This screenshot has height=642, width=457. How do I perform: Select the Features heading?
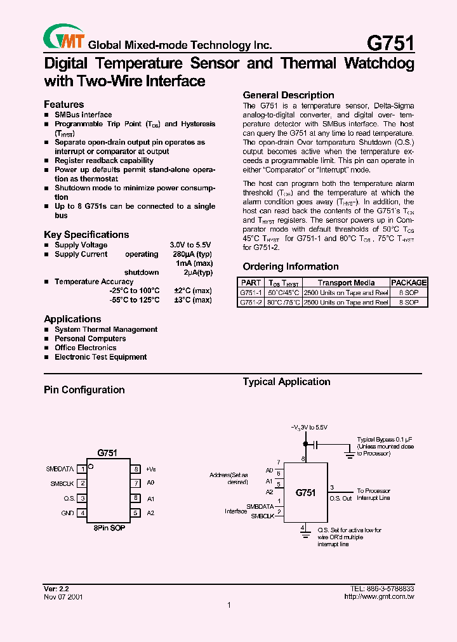(x=63, y=104)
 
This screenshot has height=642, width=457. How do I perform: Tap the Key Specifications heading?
(x=86, y=235)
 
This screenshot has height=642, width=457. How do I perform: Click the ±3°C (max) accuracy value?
(x=193, y=299)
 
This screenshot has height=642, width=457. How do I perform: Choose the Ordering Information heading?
(x=291, y=266)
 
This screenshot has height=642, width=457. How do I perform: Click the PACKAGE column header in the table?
(x=409, y=283)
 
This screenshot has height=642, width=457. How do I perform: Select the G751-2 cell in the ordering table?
(x=251, y=303)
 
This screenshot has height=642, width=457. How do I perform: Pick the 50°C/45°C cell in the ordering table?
(x=283, y=293)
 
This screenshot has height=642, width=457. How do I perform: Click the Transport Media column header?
(x=346, y=283)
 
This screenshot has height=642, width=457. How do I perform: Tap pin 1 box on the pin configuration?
(x=82, y=469)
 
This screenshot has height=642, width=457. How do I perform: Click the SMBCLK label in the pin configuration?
(x=63, y=483)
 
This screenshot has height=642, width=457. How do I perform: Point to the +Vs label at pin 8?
(x=150, y=469)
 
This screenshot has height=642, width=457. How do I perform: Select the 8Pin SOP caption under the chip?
(x=109, y=528)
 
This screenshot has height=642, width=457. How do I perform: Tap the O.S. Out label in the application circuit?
(x=340, y=498)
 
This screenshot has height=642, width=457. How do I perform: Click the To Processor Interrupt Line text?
(x=373, y=494)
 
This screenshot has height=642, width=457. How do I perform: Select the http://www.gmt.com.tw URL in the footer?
(x=379, y=597)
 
